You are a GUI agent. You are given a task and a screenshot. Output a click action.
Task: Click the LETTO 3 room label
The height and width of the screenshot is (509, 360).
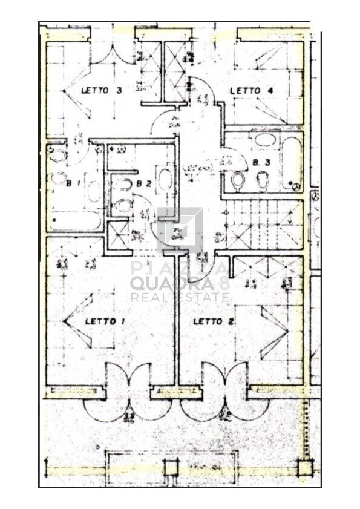click(102, 91)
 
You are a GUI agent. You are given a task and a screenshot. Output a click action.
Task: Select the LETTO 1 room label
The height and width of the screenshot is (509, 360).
click(105, 321)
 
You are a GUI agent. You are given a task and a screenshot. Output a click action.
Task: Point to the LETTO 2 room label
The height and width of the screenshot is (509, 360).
click(213, 321)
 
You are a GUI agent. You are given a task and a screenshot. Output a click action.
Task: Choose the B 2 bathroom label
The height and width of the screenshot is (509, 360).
click(143, 183)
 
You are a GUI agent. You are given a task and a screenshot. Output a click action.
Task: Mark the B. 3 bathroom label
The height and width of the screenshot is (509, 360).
click(261, 162)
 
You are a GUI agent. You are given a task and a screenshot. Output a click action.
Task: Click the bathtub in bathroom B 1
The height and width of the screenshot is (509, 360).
click(75, 220)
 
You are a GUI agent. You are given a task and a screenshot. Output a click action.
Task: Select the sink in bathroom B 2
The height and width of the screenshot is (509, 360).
click(165, 180)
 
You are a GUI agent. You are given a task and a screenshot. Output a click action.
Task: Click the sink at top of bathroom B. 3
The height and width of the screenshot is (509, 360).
click(264, 140)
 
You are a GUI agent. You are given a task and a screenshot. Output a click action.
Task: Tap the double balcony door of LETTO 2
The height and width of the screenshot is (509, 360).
click(225, 392)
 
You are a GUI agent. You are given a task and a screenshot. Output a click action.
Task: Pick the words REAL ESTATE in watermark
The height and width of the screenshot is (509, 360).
click(180, 298)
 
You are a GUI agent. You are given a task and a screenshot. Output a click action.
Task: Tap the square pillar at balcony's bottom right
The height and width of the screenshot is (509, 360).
click(305, 467)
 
